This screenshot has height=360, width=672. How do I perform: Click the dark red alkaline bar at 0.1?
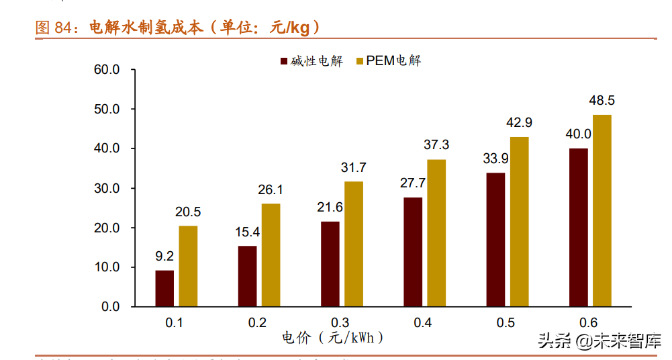click(x=164, y=288)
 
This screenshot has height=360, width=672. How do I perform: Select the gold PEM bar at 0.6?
click(x=602, y=210)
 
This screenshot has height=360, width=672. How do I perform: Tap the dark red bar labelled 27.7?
click(x=413, y=252)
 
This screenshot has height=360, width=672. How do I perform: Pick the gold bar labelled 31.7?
click(x=354, y=244)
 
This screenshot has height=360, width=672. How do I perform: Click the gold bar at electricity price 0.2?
click(x=271, y=255)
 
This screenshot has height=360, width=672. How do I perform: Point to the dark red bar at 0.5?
click(x=495, y=239)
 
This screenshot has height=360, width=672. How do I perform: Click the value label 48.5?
click(x=602, y=101)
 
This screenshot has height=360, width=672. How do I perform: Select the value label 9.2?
click(x=164, y=256)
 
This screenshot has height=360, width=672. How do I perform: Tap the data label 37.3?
click(x=436, y=145)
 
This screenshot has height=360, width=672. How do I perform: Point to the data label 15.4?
click(x=247, y=232)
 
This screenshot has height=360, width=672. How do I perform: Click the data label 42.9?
click(x=519, y=122)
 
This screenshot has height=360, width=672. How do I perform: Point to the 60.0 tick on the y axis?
click(x=107, y=69)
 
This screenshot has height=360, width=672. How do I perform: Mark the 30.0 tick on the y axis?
click(x=107, y=188)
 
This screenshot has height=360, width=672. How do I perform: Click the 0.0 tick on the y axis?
click(x=110, y=306)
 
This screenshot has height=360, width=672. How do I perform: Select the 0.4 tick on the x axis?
click(x=422, y=322)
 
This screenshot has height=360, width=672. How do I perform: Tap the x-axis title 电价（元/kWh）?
click(x=334, y=338)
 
